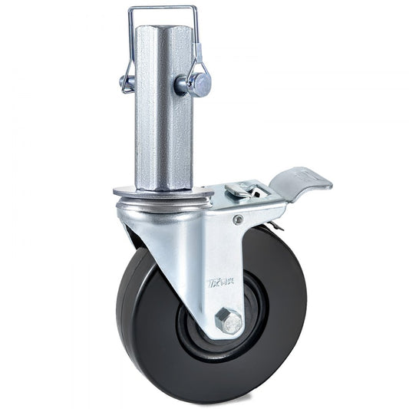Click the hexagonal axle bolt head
pos(229,321)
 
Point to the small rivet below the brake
pos(239,220)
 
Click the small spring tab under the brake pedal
pos(277,225)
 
